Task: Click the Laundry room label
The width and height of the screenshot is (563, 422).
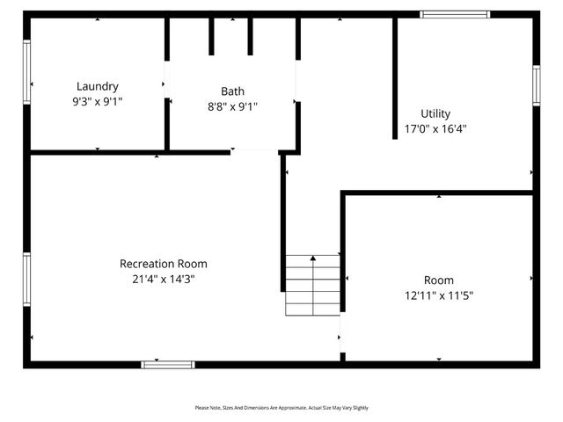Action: (97, 86)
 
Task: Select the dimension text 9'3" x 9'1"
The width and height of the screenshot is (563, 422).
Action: (97, 101)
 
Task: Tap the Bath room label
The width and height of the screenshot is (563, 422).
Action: (232, 91)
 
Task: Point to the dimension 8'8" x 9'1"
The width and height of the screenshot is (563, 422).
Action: (232, 105)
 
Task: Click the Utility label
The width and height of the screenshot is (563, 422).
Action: (435, 113)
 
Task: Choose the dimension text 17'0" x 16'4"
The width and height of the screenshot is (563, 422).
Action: (435, 128)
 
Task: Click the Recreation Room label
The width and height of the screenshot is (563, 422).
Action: (164, 263)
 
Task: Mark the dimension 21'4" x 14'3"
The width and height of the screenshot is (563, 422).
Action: (164, 279)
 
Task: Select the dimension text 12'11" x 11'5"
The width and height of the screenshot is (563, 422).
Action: (438, 295)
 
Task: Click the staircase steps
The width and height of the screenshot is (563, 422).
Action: (312, 286)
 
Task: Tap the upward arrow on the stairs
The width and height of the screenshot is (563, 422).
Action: (312, 258)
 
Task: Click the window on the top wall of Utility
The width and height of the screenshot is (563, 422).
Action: (455, 14)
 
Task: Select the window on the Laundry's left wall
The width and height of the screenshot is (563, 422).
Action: (27, 72)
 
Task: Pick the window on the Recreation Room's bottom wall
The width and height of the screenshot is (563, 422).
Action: (168, 363)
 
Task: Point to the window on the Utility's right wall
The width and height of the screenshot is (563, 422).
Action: (536, 85)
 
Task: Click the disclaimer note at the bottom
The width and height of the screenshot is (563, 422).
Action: (281, 408)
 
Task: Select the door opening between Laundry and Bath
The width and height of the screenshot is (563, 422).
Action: (166, 84)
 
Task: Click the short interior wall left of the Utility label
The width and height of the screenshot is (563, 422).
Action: (395, 79)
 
